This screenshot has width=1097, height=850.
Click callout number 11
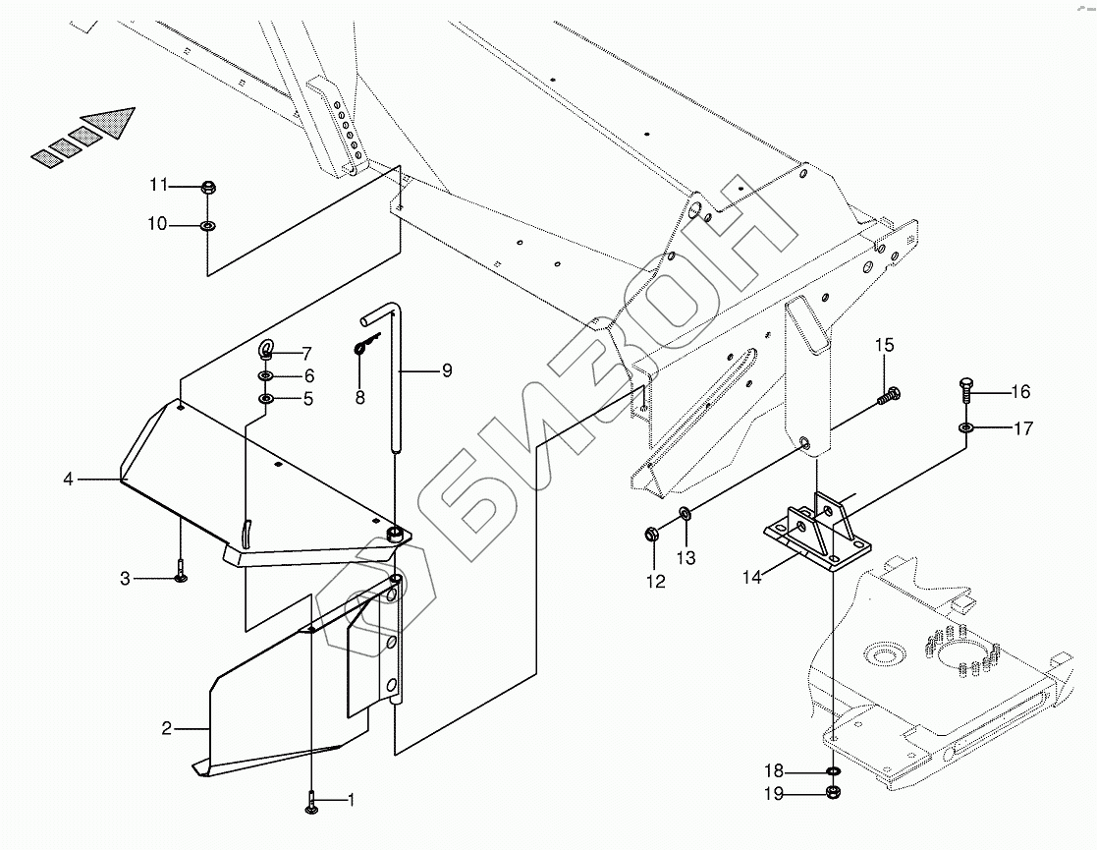point(159,185)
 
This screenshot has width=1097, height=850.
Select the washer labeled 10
point(207,226)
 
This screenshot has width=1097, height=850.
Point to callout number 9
point(446,370)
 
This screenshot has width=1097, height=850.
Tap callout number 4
point(68,480)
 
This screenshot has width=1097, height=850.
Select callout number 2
point(166,728)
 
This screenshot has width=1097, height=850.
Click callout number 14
point(751,577)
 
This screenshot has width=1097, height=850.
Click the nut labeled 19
point(833,793)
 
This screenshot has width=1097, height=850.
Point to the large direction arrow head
point(111,124)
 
